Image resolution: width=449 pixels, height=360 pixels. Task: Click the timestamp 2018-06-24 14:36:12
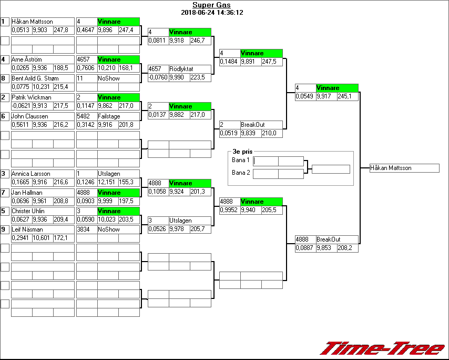click(212, 12)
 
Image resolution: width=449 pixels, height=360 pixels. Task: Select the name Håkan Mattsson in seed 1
click(32, 22)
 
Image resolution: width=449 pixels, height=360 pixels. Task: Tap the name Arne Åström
click(27, 59)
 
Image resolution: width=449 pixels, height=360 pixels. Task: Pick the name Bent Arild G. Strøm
click(35, 78)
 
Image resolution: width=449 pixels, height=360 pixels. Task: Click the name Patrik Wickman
click(32, 97)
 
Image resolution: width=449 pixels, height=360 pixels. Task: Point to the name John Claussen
click(30, 116)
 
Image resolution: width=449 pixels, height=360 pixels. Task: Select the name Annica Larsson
click(30, 174)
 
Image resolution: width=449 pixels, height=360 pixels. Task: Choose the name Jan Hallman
click(27, 193)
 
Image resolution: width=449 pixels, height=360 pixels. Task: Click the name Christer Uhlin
click(28, 211)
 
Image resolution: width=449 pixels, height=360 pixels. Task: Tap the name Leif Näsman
click(27, 229)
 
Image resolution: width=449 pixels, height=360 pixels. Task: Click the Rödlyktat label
click(181, 69)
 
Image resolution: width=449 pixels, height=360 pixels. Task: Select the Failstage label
click(109, 116)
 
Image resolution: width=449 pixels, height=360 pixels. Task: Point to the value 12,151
click(107, 182)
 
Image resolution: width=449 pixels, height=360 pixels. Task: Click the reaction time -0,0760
click(158, 77)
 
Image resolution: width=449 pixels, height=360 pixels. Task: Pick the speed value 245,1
click(348, 96)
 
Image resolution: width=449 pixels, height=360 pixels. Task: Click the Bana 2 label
click(241, 173)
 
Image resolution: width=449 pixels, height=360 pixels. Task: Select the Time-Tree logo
click(382, 348)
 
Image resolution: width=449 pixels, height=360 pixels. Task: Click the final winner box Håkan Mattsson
click(404, 168)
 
